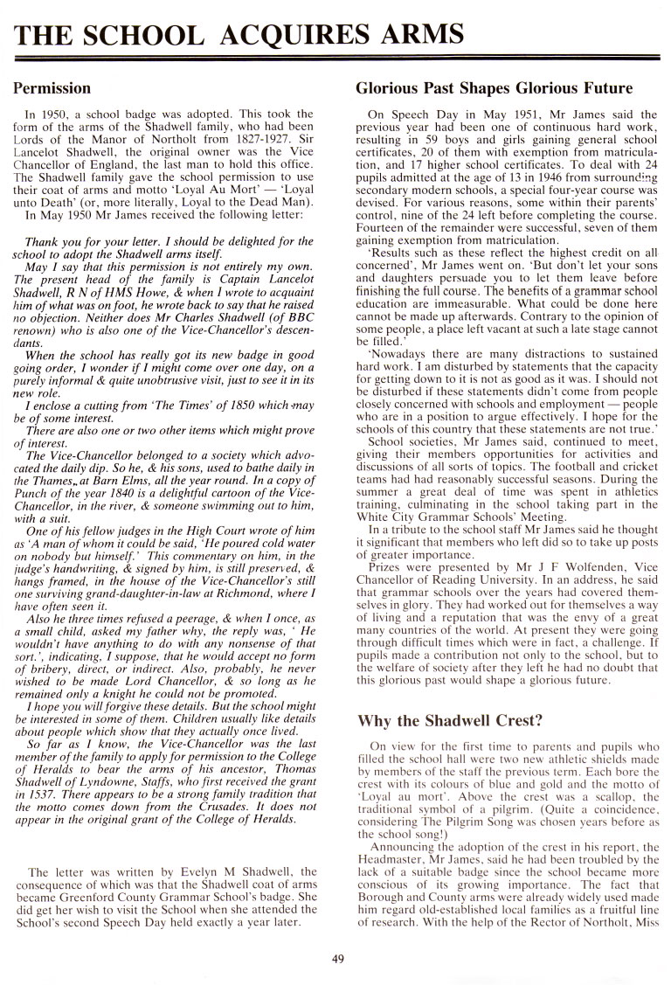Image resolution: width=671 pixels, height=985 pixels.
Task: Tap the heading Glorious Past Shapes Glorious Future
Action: [494, 88]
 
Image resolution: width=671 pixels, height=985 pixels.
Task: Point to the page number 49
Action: [339, 959]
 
